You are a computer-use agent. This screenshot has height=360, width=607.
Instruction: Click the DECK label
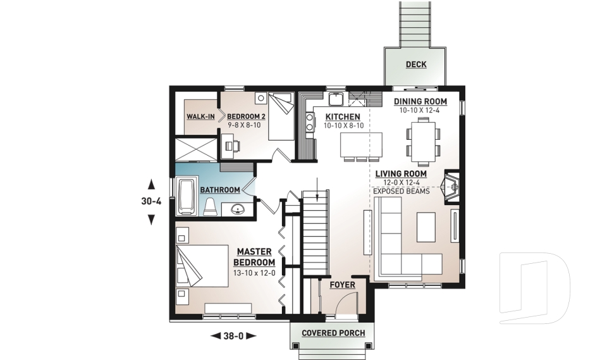click(416, 65)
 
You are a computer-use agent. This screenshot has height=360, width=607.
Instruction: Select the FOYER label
click(341, 285)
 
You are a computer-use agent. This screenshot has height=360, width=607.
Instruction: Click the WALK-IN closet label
click(201, 117)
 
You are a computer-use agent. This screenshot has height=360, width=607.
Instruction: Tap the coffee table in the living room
click(426, 227)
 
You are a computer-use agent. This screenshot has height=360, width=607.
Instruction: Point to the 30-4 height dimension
click(151, 202)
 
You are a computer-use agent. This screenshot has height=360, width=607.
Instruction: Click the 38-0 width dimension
click(233, 336)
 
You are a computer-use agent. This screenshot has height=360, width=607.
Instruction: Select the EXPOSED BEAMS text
click(400, 190)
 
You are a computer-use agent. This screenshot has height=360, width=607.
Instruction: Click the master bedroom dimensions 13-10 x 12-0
click(254, 273)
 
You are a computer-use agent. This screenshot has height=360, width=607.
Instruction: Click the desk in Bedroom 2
click(230, 146)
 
